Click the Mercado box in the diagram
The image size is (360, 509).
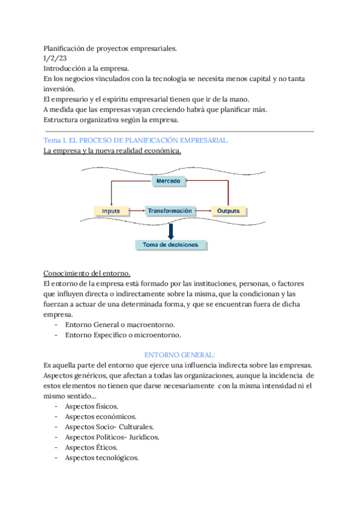[169, 181]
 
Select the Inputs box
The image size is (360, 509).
[111, 211]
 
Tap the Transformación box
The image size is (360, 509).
[170, 211]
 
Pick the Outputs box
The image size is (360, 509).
[228, 211]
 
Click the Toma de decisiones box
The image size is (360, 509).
[171, 245]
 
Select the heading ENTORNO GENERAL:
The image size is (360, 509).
[179, 355]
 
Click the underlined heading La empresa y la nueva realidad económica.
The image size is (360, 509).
[112, 151]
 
